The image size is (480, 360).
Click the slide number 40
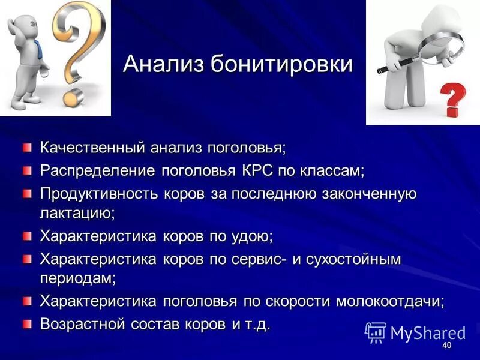tap(446, 346)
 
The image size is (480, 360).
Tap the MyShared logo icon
tap(376, 332)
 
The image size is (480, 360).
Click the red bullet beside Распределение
tap(27, 170)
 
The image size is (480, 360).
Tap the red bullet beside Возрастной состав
tap(27, 325)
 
